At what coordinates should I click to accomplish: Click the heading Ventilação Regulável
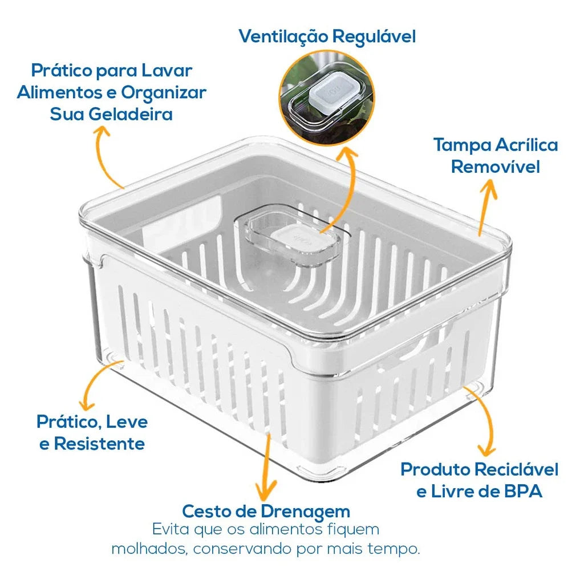coord(327,36)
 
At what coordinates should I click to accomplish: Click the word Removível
coord(495,167)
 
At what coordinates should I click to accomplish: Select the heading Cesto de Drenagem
coord(266,510)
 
